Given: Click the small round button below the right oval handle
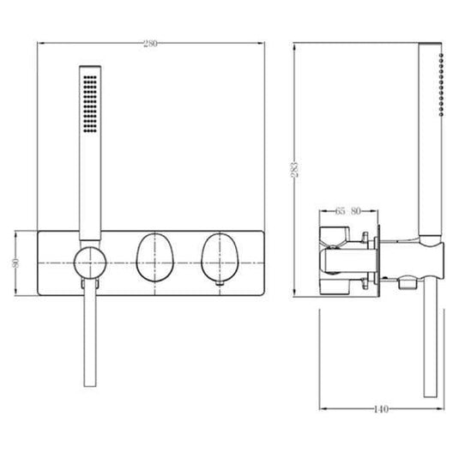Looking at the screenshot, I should pyautogui.click(x=222, y=281).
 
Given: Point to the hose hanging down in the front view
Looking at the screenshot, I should pyautogui.click(x=87, y=343).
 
